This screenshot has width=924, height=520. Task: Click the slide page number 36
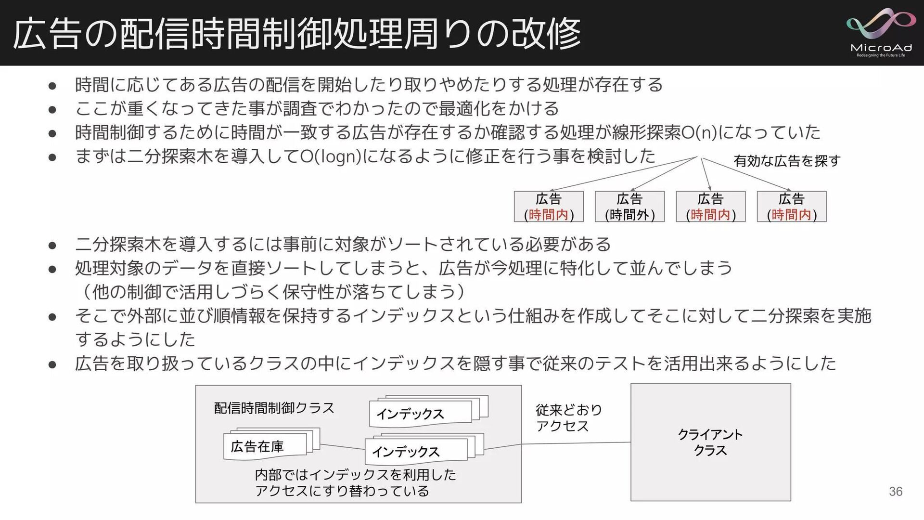pyautogui.click(x=895, y=491)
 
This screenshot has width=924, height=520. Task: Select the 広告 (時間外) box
pyautogui.click(x=629, y=207)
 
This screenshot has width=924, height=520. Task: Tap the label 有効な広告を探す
pyautogui.click(x=787, y=161)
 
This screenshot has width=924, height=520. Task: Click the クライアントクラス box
pyautogui.click(x=710, y=442)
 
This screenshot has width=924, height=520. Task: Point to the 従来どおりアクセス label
pyautogui.click(x=568, y=418)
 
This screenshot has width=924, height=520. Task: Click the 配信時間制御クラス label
pyautogui.click(x=274, y=408)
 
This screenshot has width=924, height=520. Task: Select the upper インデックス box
pyautogui.click(x=420, y=414)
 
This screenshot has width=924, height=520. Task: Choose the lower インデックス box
pyautogui.click(x=416, y=451)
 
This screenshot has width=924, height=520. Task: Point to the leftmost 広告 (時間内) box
pyautogui.click(x=549, y=207)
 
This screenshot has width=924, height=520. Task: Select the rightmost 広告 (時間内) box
pyautogui.click(x=792, y=207)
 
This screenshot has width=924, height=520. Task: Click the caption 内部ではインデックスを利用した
pyautogui.click(x=355, y=475)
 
